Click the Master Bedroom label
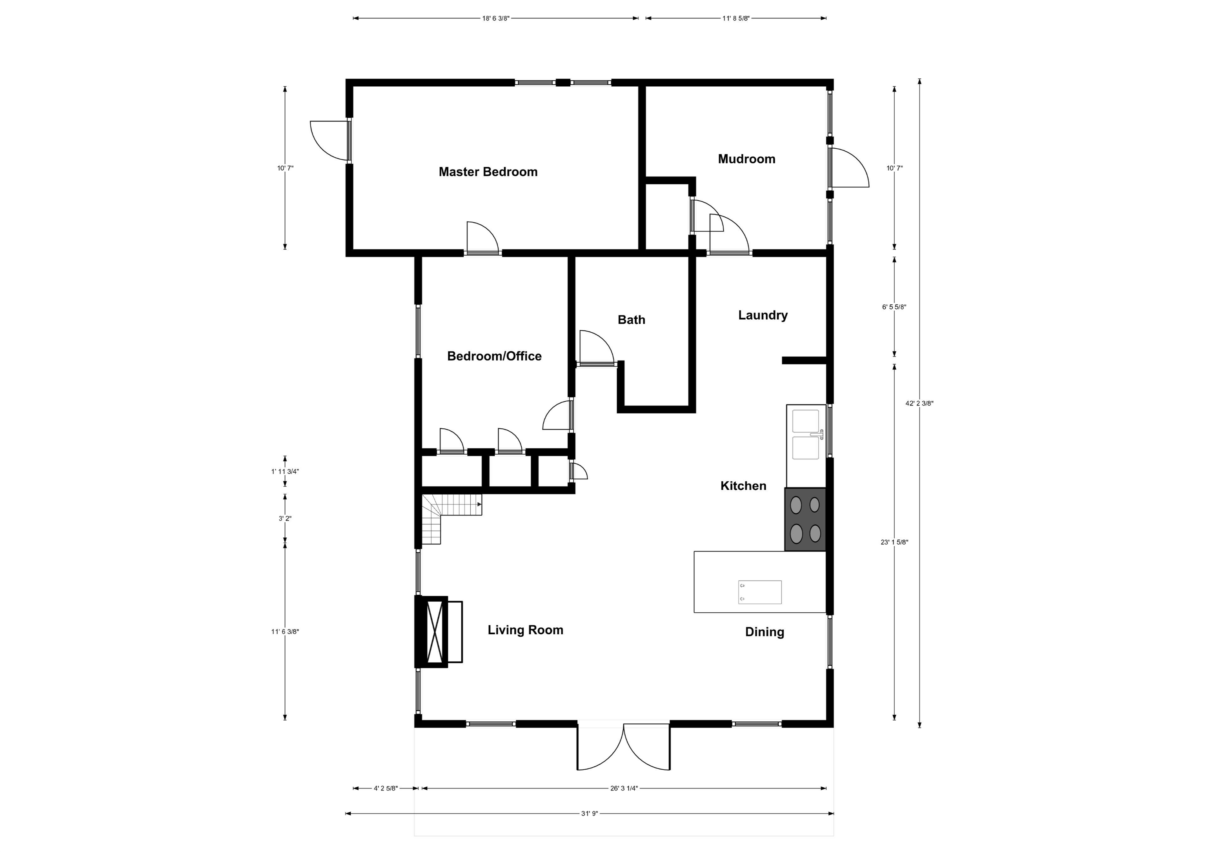point(488,172)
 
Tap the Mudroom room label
point(746,159)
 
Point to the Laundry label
point(763,315)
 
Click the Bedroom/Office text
point(494,356)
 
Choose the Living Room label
point(525,630)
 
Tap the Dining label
point(764,632)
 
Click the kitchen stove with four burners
point(805,519)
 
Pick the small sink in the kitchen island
point(759,592)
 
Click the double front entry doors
point(624,748)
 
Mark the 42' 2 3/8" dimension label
point(919,404)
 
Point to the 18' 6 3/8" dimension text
point(495,18)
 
